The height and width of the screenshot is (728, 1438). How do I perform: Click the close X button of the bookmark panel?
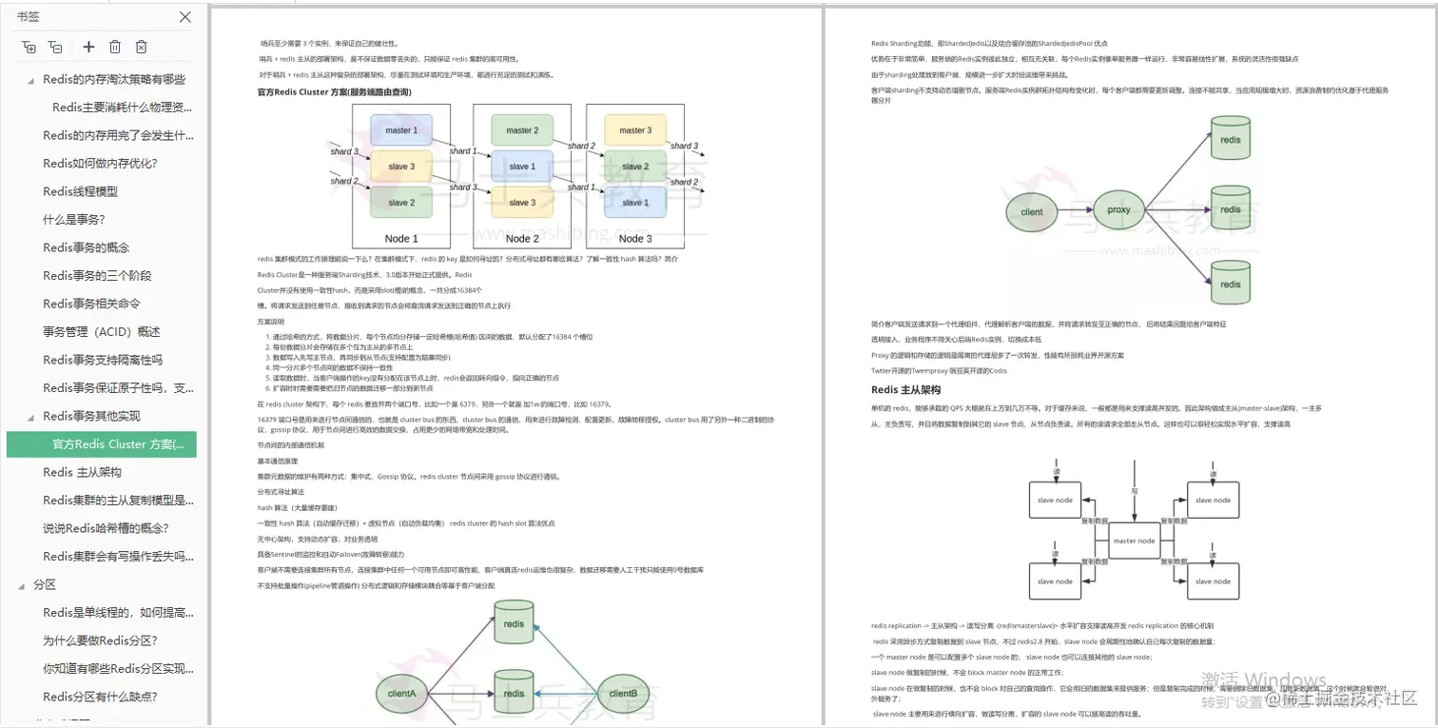[185, 17]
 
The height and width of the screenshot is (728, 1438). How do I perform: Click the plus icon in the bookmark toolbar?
[88, 47]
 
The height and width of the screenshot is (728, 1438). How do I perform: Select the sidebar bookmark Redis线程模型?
[81, 191]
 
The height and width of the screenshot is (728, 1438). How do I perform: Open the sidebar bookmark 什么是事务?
[74, 219]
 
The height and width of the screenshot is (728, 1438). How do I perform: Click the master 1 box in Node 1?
[400, 130]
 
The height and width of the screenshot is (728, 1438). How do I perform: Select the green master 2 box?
[520, 130]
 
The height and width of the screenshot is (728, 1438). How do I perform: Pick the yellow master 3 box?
[635, 130]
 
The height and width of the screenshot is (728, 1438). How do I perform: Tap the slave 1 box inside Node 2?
[520, 167]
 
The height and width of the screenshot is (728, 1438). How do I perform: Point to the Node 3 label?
[635, 239]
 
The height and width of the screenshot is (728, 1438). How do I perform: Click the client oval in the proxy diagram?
[1031, 212]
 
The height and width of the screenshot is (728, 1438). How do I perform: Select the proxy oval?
[1118, 209]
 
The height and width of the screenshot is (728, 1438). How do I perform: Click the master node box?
[1134, 541]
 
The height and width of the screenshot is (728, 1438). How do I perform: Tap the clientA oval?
[402, 694]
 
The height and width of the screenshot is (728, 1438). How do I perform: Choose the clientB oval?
[623, 694]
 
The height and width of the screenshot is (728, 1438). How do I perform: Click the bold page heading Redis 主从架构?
[905, 390]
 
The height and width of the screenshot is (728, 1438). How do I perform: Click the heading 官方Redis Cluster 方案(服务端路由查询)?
[334, 92]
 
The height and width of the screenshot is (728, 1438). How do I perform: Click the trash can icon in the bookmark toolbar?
[115, 47]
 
